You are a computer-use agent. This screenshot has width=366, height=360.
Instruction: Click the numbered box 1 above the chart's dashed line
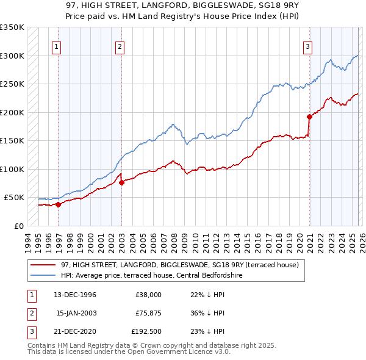coord(56,46)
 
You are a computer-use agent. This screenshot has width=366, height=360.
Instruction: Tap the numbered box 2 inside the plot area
coord(120,46)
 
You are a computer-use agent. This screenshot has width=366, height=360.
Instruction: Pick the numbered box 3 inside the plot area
coord(308,46)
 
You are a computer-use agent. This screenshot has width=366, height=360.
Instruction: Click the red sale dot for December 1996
coord(59,205)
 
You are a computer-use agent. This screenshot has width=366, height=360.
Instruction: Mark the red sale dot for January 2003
coord(121,182)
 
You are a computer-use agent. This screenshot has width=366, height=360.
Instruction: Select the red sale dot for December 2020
coord(309,116)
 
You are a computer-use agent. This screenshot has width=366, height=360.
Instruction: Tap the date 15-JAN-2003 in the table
coord(76,313)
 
